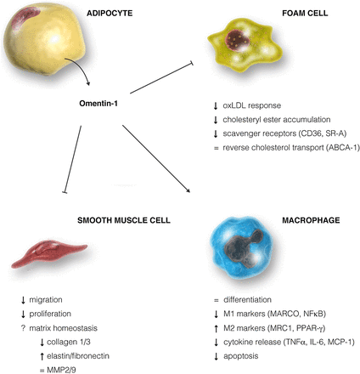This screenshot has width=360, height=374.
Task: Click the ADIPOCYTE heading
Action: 110,14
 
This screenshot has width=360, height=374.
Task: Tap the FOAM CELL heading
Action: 305,14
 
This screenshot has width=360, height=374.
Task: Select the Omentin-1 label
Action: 98,104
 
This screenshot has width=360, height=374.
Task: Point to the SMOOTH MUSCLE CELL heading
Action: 124,220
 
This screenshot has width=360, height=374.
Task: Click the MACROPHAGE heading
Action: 311,220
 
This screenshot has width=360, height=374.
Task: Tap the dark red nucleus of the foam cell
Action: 238,40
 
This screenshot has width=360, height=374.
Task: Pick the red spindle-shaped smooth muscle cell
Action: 49,253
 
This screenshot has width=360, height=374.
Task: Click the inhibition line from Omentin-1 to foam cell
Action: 161,78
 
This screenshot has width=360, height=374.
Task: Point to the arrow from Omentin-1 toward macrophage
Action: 156,159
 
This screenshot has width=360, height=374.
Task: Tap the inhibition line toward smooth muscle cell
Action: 73,160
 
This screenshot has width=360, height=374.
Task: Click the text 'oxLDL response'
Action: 252,105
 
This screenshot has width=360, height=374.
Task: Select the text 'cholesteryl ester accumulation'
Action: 277,120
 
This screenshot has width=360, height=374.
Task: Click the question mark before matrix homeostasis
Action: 23,328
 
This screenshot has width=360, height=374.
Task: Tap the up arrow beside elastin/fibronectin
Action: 42,356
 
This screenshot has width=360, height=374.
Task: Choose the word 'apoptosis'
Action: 241,356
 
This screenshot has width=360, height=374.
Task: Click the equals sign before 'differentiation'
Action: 217,300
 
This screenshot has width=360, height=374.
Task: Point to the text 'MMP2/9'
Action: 61,370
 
